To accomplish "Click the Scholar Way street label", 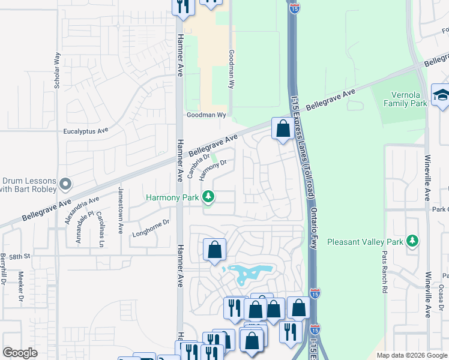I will (58, 71).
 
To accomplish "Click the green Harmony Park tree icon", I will (208, 196).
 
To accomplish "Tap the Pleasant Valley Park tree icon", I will (412, 241).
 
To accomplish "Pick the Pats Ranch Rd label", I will (384, 271).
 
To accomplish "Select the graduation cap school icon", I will (441, 95).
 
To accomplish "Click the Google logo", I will (20, 353).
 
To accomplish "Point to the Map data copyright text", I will (411, 355).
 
